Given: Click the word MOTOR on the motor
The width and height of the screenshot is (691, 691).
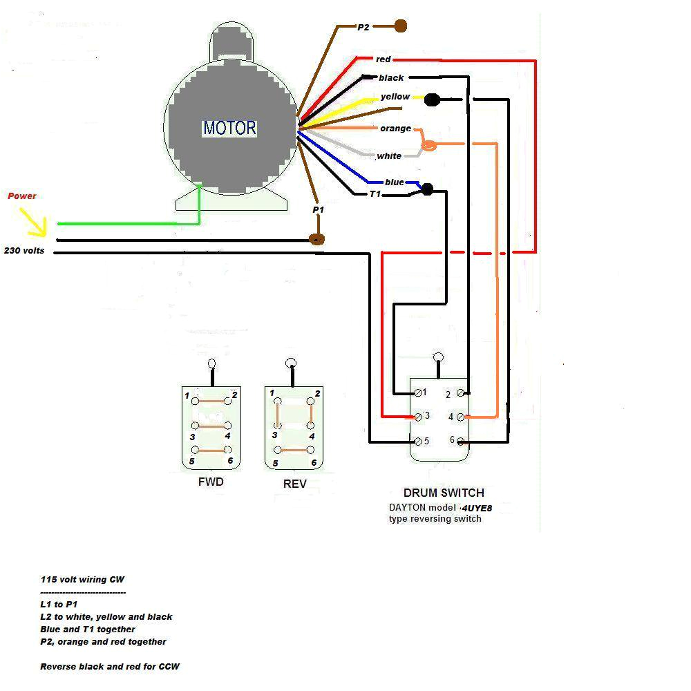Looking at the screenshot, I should click(229, 128).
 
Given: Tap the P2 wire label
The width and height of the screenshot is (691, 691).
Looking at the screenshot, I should click(364, 27).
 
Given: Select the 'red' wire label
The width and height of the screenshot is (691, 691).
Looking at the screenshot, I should click(384, 59).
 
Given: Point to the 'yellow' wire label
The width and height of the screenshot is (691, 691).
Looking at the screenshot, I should click(395, 97).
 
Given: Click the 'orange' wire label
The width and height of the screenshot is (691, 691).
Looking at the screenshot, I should click(395, 129).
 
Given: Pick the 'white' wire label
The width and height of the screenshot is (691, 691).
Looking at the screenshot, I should click(389, 156).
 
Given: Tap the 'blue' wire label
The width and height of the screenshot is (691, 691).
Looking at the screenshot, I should click(395, 182).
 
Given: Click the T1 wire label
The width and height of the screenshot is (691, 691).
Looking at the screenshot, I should click(375, 194).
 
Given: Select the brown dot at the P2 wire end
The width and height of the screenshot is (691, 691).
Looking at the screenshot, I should click(400, 26).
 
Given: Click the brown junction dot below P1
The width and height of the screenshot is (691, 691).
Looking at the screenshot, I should click(317, 239).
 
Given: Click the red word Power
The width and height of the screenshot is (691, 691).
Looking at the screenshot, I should click(22, 196).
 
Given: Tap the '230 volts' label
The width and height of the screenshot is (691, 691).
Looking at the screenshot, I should click(24, 251).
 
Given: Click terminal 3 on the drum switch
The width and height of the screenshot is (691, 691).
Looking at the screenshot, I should click(418, 417).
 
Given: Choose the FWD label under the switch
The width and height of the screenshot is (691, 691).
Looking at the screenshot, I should click(211, 482).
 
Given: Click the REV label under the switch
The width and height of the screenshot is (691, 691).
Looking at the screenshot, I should click(294, 484).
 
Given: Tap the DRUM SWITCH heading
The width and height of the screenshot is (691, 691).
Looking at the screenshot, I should click(444, 493).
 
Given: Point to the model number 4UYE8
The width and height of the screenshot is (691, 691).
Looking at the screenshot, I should click(477, 508).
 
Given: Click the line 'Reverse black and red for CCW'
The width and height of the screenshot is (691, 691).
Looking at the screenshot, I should click(110, 667).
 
